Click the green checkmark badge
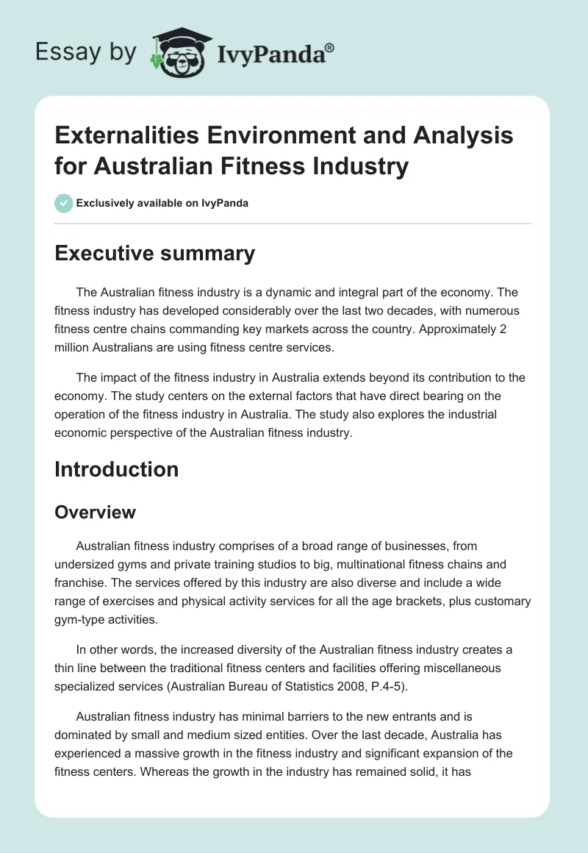click(64, 203)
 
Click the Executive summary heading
click(154, 253)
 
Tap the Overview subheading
click(95, 512)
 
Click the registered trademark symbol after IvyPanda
click(330, 48)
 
